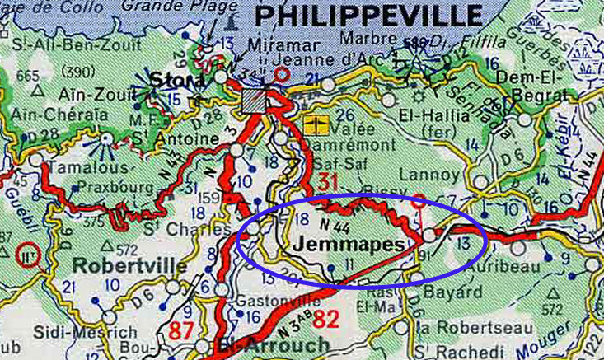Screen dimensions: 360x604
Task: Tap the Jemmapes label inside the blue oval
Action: tap(349, 245)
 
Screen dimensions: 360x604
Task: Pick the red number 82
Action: tap(325, 319)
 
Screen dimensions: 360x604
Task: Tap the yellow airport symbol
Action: tap(314, 125)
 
